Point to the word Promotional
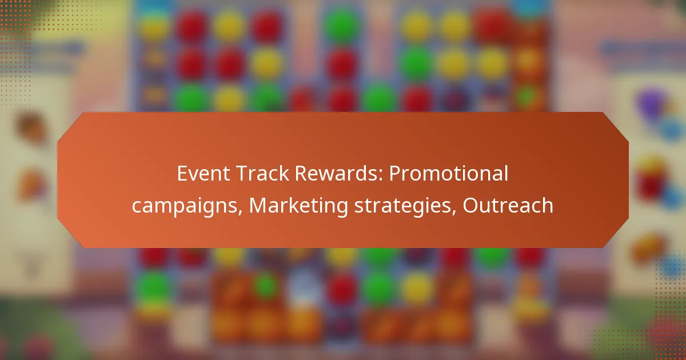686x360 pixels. [449, 174]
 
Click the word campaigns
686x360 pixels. [187, 206]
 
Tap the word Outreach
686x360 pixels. [508, 206]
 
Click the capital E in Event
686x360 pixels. [182, 174]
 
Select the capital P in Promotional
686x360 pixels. [395, 174]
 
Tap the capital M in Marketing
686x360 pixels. [258, 206]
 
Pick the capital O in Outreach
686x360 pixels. [470, 206]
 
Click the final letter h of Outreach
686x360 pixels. [548, 206]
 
